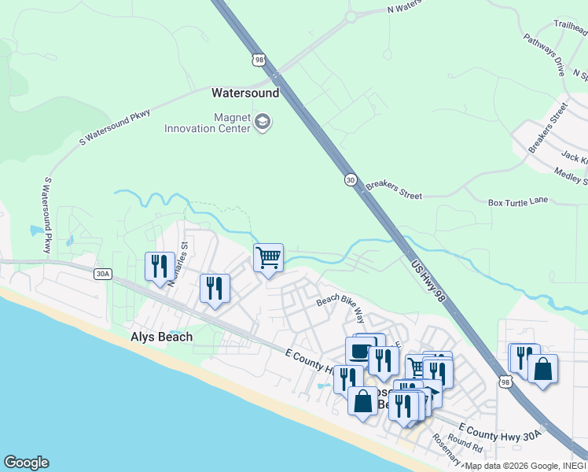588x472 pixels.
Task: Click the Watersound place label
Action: (245, 93)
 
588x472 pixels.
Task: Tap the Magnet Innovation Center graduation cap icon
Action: (262, 123)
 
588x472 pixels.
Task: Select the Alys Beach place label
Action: (161, 337)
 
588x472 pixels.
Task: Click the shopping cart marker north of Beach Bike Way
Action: (268, 257)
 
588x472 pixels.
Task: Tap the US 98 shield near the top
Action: (259, 59)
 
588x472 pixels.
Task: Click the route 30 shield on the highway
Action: (350, 180)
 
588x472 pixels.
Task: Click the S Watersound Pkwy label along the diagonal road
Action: (115, 129)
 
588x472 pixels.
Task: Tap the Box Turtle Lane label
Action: (518, 201)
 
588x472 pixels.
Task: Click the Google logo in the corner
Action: (26, 463)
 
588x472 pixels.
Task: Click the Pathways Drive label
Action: (545, 54)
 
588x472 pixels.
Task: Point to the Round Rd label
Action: (465, 444)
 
